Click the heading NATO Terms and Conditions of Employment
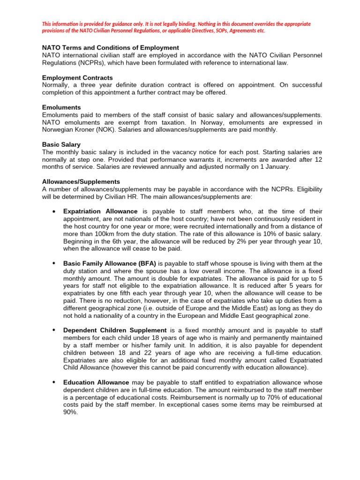[x=111, y=48]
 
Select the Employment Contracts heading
[x=77, y=78]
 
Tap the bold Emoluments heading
[x=61, y=107]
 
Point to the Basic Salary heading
[x=61, y=144]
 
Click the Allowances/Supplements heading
[x=81, y=181]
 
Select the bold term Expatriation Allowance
[x=100, y=211]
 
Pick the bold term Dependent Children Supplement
[x=115, y=330]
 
